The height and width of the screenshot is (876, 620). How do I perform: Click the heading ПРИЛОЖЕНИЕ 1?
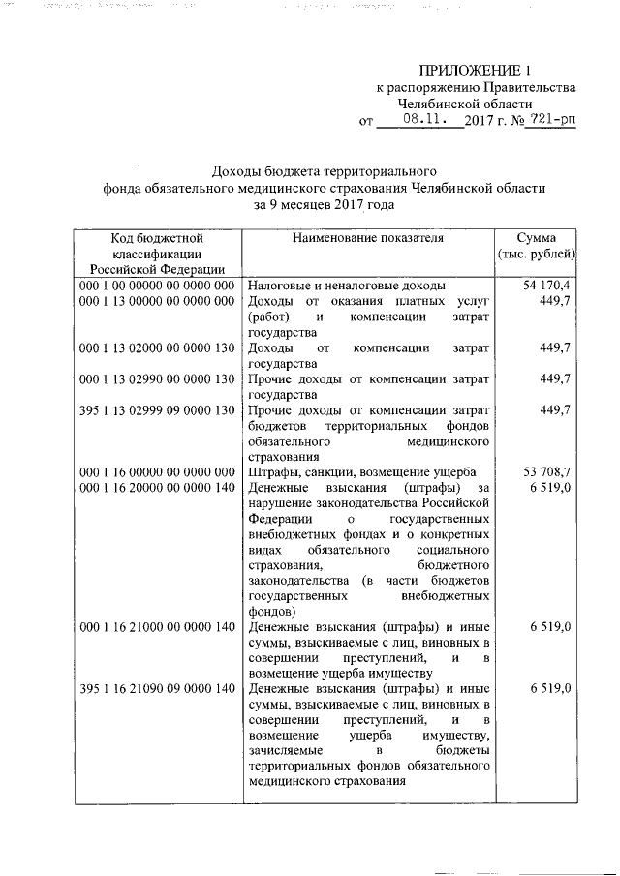[x=476, y=69]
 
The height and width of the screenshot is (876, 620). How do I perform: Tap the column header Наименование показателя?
[x=364, y=237]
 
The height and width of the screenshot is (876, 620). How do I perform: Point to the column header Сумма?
[x=536, y=237]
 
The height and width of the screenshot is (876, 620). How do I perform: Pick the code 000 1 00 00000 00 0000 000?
[x=158, y=287]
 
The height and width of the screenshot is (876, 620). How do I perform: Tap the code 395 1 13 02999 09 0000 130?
[x=158, y=410]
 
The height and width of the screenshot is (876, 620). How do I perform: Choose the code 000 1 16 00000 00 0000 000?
[x=158, y=471]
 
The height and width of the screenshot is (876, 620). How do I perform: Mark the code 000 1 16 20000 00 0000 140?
[x=158, y=488]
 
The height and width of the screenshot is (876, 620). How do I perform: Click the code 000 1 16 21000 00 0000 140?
[x=158, y=627]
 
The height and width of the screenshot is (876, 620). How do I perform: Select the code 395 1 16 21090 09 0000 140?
[x=158, y=689]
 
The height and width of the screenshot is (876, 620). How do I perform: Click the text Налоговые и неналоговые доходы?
[x=346, y=287]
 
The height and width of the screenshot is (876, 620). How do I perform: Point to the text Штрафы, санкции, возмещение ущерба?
[x=357, y=471]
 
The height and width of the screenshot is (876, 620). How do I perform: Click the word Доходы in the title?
[x=236, y=169]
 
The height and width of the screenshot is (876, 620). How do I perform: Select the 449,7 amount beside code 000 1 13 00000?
[x=555, y=302]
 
